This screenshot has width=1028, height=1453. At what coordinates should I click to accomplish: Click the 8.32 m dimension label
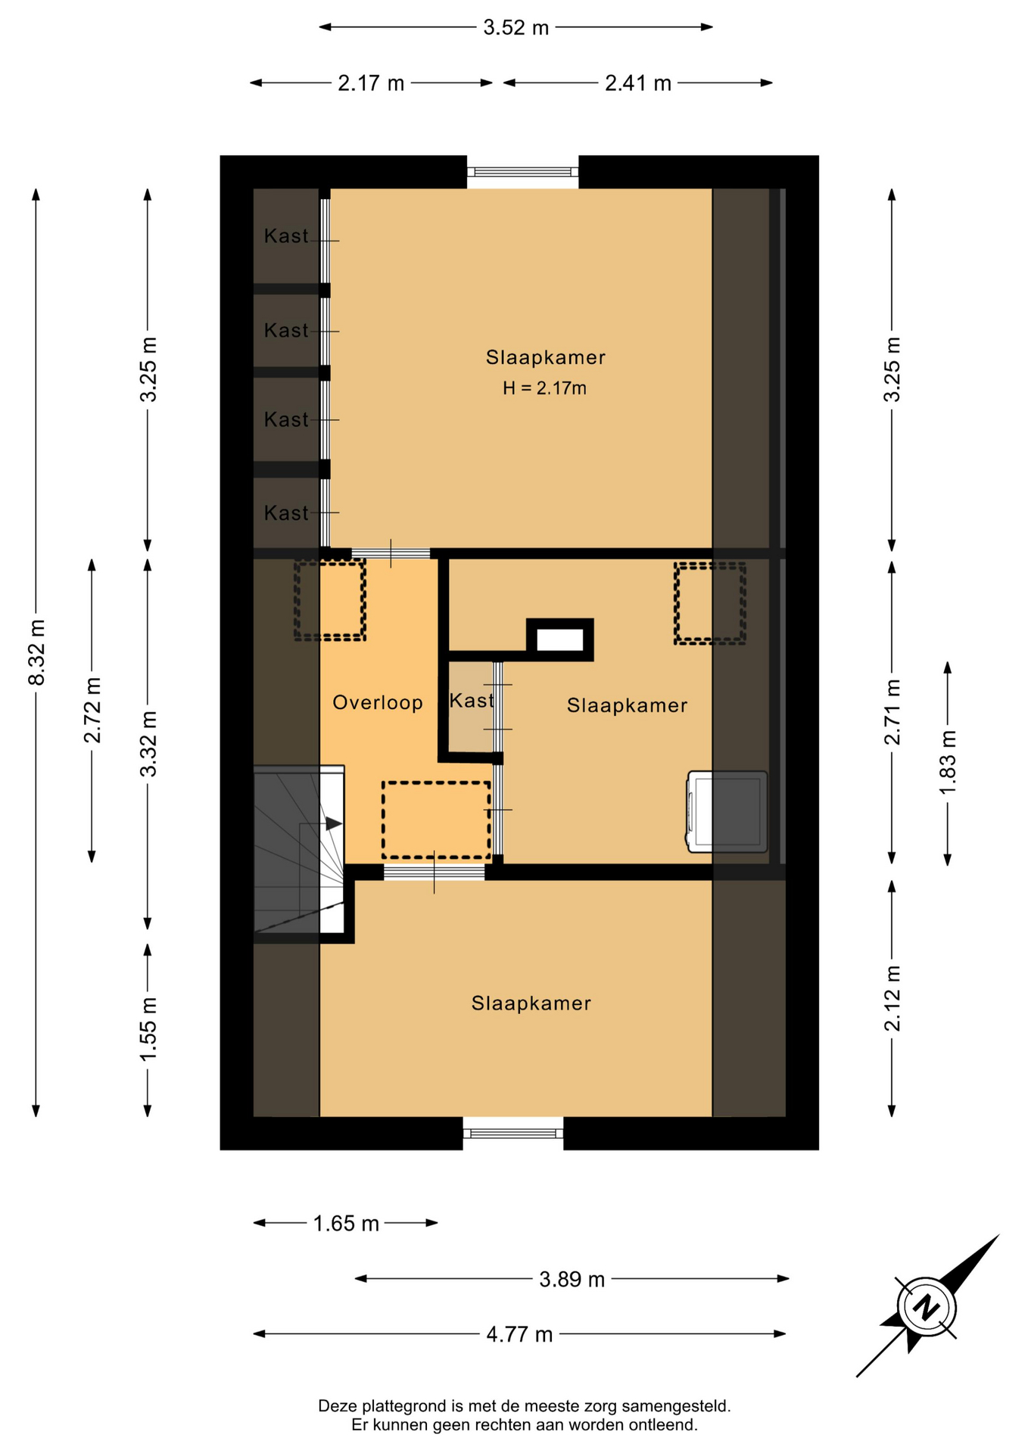click(x=36, y=652)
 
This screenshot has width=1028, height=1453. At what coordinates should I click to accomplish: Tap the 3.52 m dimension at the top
click(x=516, y=28)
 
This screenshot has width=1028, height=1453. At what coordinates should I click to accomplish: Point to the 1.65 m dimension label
click(x=346, y=1223)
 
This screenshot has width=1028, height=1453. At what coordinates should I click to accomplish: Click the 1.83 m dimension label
click(x=948, y=762)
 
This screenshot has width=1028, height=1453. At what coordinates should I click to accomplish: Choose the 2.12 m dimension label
click(x=892, y=998)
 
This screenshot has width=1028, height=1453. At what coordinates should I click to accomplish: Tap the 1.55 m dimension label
click(x=148, y=1028)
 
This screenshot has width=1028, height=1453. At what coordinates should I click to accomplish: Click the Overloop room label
click(x=378, y=703)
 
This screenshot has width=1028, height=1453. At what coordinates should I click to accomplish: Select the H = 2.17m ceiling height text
click(x=545, y=388)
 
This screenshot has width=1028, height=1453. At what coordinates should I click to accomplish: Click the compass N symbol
click(x=926, y=1307)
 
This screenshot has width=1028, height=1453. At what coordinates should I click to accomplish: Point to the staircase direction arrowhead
click(x=334, y=823)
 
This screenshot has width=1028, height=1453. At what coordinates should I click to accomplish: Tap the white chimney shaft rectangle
click(x=560, y=640)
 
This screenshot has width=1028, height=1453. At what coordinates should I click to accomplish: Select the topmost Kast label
click(x=286, y=236)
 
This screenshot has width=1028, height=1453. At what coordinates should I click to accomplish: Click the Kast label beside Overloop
click(x=472, y=701)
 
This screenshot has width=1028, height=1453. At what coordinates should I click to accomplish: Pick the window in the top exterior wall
click(x=522, y=172)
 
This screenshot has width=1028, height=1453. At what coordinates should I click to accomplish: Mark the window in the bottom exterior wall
click(x=513, y=1133)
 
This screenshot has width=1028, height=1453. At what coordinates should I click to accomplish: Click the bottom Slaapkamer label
click(x=531, y=1003)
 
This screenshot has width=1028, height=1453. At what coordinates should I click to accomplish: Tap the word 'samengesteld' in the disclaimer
click(x=675, y=1406)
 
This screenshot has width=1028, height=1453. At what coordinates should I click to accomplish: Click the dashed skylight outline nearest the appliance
click(x=710, y=604)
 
